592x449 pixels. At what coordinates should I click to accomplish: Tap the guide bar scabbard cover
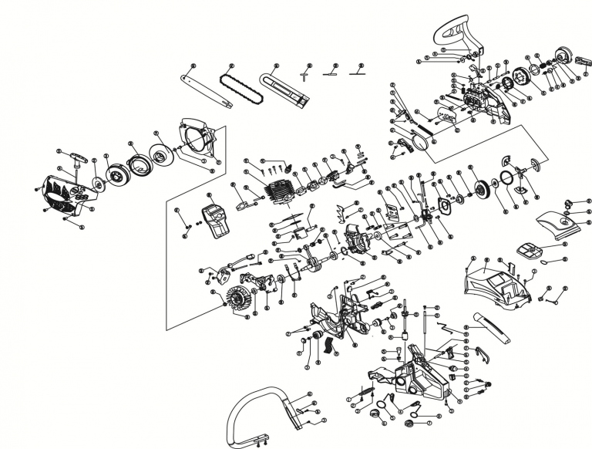(x=284, y=88)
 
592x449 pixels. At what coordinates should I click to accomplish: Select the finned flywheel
(x=240, y=297)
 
